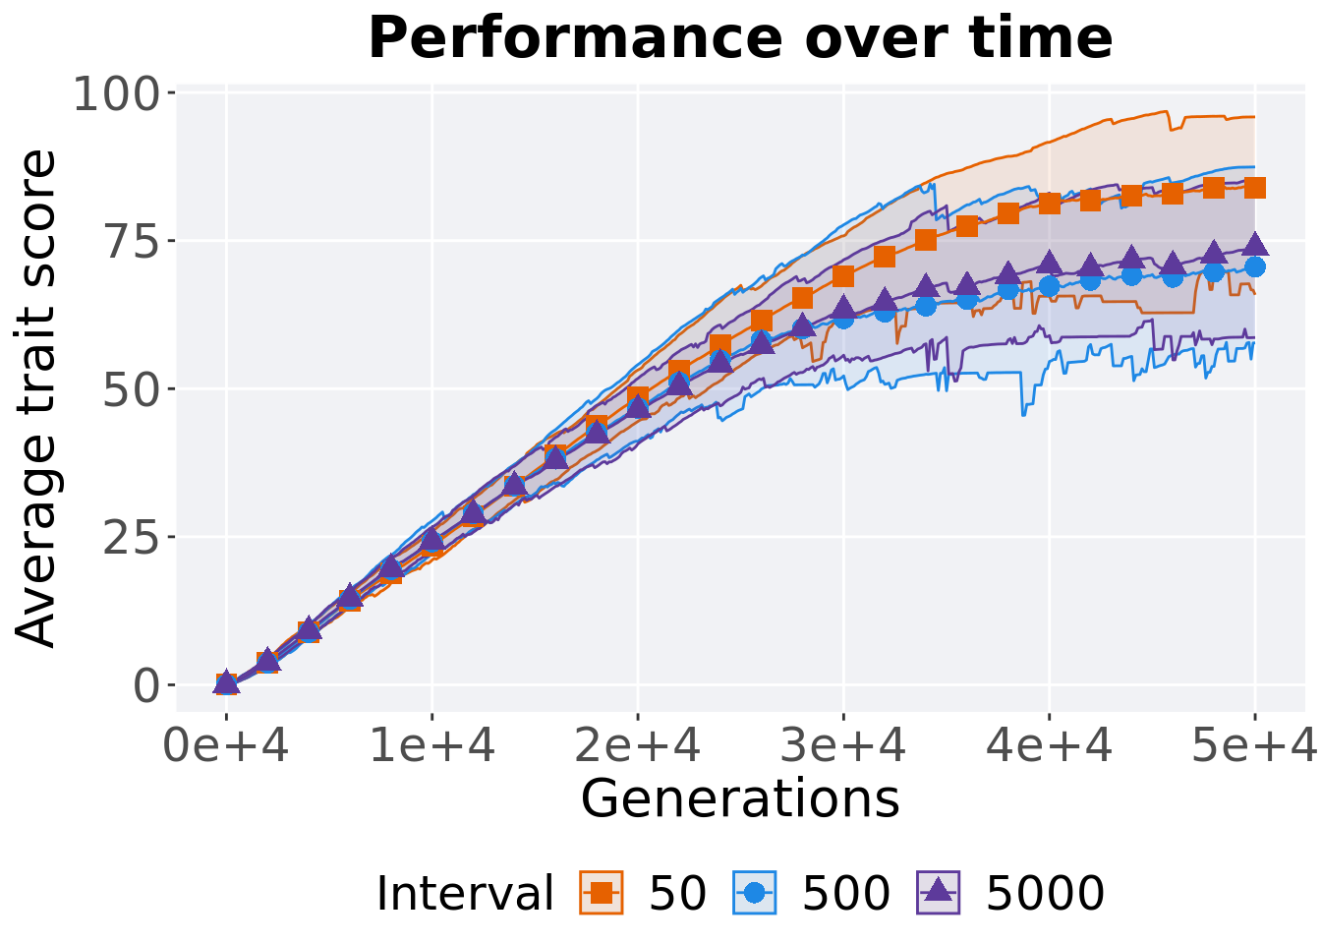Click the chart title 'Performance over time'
click(740, 39)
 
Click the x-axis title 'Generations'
click(740, 797)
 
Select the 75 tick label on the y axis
click(132, 242)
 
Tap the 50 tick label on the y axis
click(132, 389)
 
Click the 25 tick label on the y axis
click(132, 537)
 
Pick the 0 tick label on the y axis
click(147, 685)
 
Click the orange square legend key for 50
click(602, 893)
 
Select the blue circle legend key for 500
click(755, 893)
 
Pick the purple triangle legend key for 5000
click(938, 893)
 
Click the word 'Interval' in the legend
click(465, 894)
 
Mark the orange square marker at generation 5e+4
click(1254, 188)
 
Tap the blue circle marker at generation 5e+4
click(1254, 266)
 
